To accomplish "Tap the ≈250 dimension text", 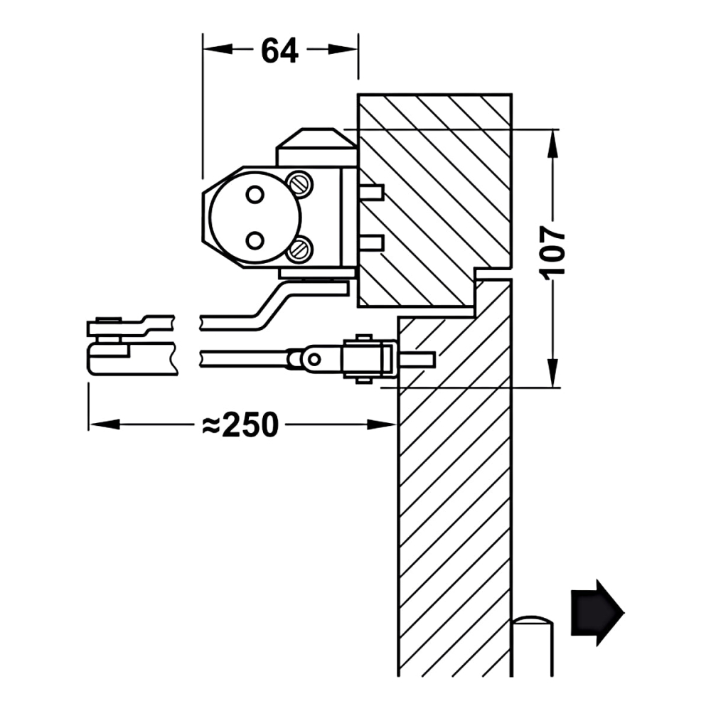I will (x=240, y=425).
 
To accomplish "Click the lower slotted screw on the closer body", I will (x=300, y=248).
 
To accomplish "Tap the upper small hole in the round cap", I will (x=254, y=193).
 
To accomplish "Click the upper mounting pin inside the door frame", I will (x=372, y=192).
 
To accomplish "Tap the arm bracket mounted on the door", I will (x=368, y=358).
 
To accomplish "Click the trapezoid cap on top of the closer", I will (x=316, y=139).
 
